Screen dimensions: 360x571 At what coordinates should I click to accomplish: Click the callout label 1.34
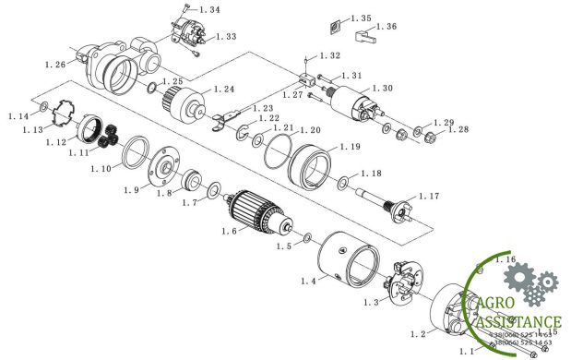click(x=209, y=10)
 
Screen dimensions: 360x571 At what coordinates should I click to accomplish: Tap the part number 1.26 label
click(x=54, y=65)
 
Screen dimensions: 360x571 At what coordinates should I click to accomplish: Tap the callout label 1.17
click(x=429, y=196)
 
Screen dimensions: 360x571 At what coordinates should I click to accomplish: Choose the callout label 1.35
click(x=361, y=18)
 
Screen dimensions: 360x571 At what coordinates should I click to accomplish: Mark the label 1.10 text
click(x=101, y=169)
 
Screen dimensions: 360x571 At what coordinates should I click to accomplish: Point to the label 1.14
click(x=18, y=116)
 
